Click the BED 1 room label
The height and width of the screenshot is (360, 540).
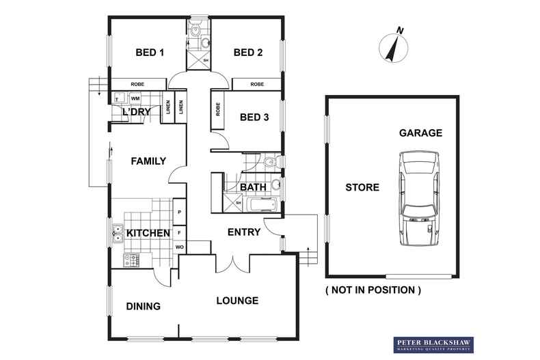click(150, 53)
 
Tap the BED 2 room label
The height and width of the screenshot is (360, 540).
click(248, 53)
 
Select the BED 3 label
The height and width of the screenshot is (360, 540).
click(254, 117)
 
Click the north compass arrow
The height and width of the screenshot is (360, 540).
click(392, 46)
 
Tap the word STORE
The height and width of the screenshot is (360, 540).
click(362, 187)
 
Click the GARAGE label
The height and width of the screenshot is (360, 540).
click(422, 133)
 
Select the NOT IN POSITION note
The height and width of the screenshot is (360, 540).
click(373, 290)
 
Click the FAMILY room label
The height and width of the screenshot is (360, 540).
click(148, 162)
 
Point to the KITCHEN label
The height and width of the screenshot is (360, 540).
click(148, 234)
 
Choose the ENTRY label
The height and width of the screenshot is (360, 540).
click(244, 232)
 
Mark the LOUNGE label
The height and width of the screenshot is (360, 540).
click(237, 301)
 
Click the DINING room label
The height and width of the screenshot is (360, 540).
click(143, 307)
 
